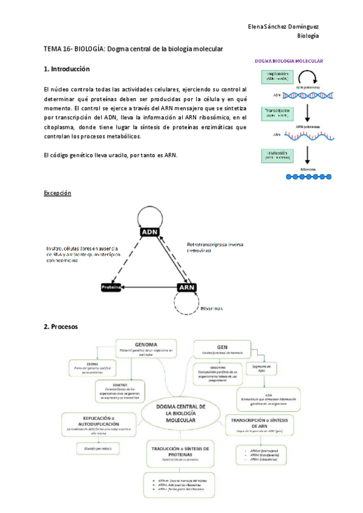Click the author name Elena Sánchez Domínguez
pos(284,27)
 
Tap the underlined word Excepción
pos(57,193)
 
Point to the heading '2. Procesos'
pos(60,327)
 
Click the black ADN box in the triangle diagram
pos(149,232)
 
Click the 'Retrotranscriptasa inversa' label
pos(214,246)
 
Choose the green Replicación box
pos(279,77)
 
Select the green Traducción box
pos(279,155)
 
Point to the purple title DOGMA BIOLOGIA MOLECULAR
pos(289,61)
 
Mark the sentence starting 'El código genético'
pos(110,155)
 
